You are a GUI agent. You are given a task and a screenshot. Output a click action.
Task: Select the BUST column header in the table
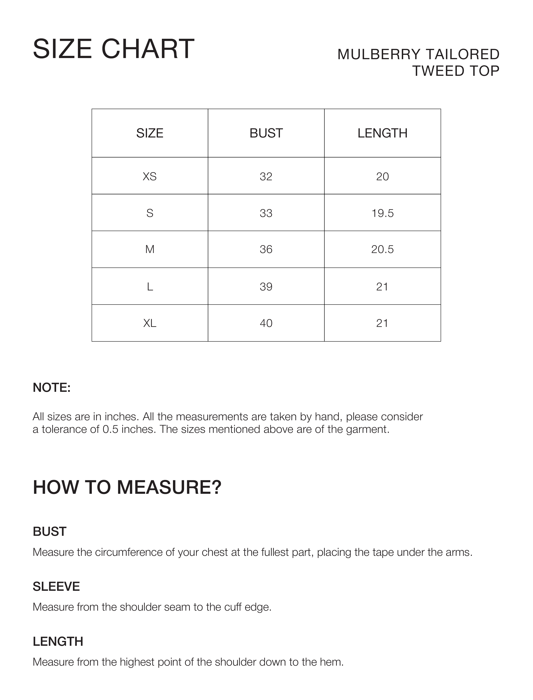point(266,133)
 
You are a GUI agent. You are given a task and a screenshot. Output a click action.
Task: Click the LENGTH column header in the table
point(382,133)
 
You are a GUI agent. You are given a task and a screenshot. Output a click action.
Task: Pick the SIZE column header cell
point(150,133)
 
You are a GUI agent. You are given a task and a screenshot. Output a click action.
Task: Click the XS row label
point(150,176)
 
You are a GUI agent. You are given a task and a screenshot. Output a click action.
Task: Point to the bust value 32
point(266,176)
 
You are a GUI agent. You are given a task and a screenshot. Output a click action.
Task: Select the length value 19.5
point(382,213)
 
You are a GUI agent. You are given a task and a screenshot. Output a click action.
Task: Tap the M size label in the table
point(150,249)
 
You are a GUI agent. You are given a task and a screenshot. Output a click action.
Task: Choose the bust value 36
point(266,249)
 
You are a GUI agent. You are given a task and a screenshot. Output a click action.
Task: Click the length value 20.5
point(382,249)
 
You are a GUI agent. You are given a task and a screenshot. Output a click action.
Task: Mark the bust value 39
point(266,287)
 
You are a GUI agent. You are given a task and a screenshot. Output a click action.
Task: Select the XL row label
point(150,323)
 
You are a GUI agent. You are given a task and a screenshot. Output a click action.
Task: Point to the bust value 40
point(266,323)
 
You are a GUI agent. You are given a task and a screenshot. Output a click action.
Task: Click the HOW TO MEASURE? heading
point(127,487)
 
